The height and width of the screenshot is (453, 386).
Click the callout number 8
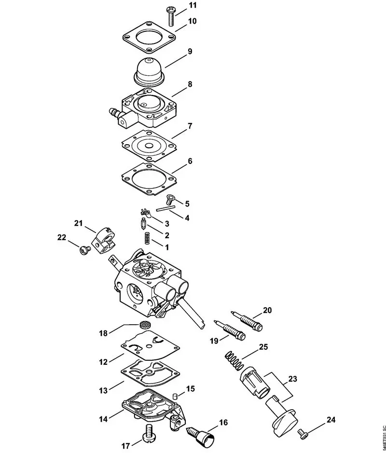pyautogui.click(x=190, y=83)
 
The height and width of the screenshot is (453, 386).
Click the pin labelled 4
pyautogui.click(x=165, y=209)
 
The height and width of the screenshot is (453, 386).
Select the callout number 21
pyautogui.click(x=79, y=223)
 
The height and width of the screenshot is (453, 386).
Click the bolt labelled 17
pyautogui.click(x=148, y=433)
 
